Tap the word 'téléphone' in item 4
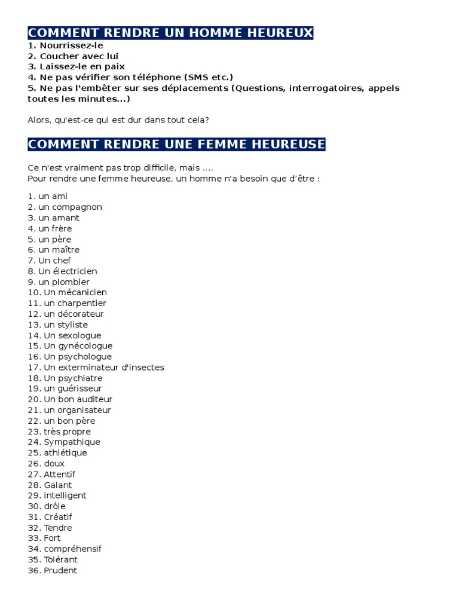tap(152, 77)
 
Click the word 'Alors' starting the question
tap(39, 120)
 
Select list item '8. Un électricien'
tap(62, 271)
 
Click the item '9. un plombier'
tap(59, 282)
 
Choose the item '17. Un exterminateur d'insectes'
tap(96, 368)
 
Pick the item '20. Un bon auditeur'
tap(70, 399)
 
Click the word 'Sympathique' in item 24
tap(72, 442)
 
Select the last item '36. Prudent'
tap(53, 571)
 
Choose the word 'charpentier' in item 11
tap(75, 303)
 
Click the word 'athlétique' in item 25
tap(65, 453)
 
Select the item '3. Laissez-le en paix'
tap(76, 66)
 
